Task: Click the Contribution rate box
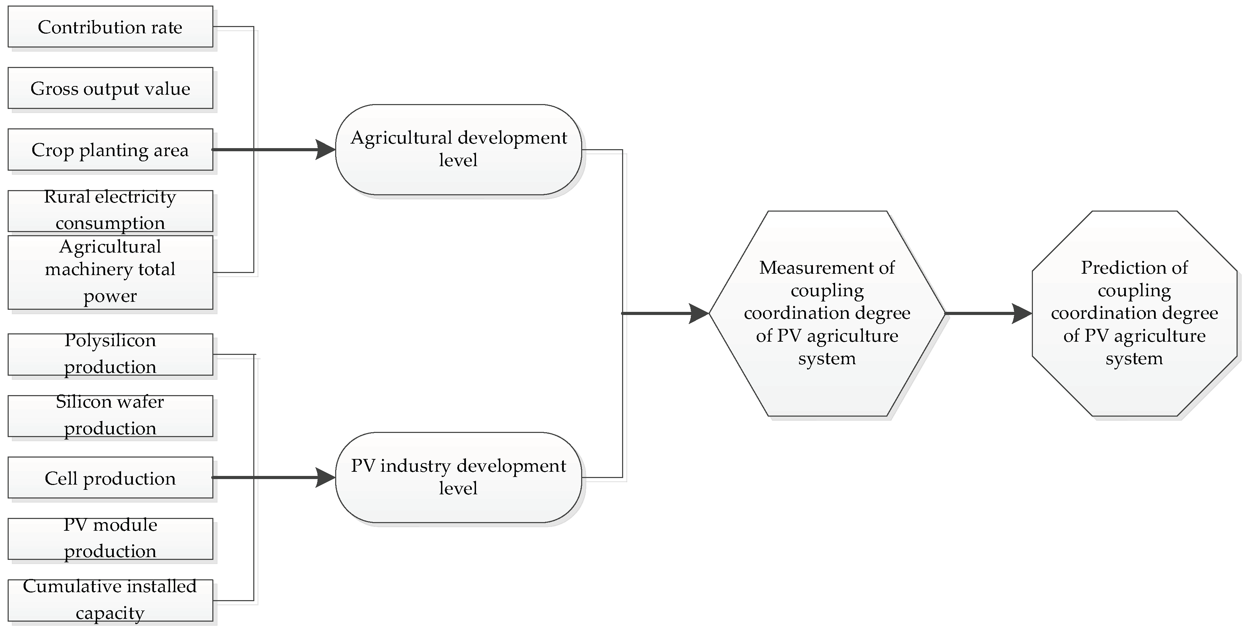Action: pos(110,27)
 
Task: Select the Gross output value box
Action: pos(110,88)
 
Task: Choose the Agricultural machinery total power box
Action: pos(110,272)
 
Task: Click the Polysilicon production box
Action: pos(110,354)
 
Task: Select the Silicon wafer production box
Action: pos(110,416)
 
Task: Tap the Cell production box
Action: pos(110,477)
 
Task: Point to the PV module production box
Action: pos(110,538)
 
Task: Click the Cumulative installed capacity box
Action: pos(110,600)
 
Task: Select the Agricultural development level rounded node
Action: pos(458,150)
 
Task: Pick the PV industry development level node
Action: pos(458,477)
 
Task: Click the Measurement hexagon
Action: pos(827,313)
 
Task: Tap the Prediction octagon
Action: pos(1134,313)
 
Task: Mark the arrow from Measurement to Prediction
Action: pos(988,313)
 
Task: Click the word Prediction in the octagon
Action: pos(1134,268)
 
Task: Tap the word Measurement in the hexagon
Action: pos(827,268)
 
